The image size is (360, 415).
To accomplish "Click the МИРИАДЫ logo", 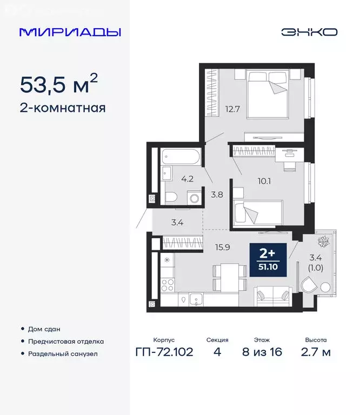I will coord(70,32).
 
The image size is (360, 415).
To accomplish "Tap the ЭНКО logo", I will coord(309,32).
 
